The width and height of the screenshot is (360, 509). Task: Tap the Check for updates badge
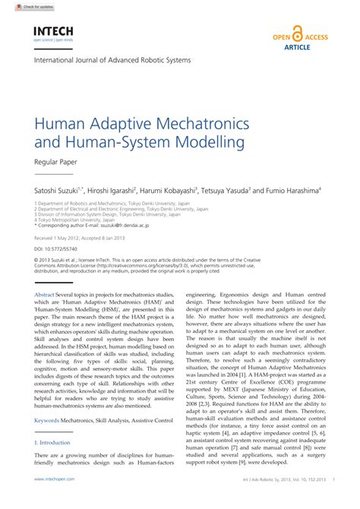18,5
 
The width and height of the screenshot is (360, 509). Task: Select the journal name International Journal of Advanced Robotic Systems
112,59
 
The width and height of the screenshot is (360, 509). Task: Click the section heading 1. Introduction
52,441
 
